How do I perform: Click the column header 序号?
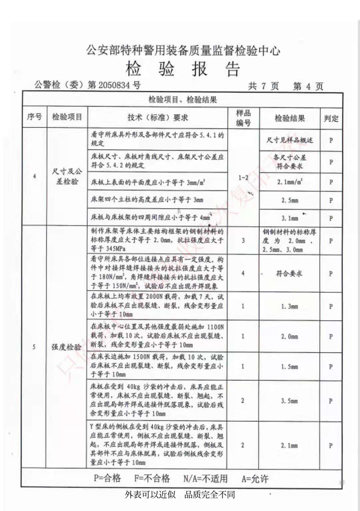pos(34,117)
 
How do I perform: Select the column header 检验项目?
pos(67,117)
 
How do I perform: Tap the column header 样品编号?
pos(243,118)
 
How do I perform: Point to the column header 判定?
pos(331,118)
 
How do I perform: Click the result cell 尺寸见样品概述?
pos(289,140)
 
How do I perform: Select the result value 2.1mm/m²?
pos(289,182)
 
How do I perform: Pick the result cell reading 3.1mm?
pos(289,219)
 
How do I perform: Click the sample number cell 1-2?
pos(243,178)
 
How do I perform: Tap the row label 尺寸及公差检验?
pos(67,176)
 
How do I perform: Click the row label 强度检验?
pos(66,347)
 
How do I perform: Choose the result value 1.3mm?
pos(289,306)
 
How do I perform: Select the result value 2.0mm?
pos(289,336)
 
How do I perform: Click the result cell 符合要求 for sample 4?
pos(289,273)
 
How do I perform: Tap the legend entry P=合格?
pos(107,478)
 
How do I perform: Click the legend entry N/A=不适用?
pos(205,479)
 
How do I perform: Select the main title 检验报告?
pos(183,69)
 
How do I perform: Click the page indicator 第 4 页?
pos(308,86)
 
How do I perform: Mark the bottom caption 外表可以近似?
pos(150,494)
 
